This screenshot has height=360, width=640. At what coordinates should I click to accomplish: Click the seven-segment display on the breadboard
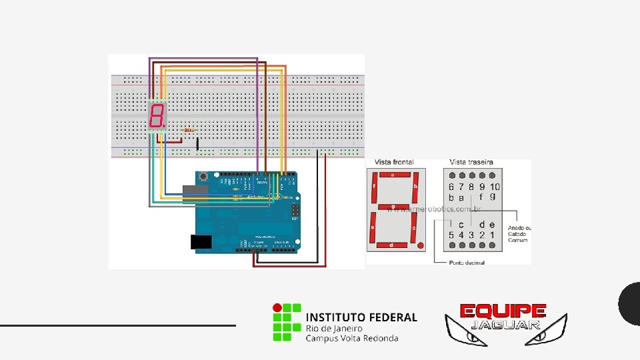pyautogui.click(x=157, y=116)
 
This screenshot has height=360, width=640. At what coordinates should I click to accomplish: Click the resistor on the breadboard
pyautogui.click(x=189, y=129)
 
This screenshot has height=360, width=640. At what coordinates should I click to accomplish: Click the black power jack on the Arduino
pyautogui.click(x=202, y=242)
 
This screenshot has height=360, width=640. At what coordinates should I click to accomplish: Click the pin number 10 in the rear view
pyautogui.click(x=494, y=188)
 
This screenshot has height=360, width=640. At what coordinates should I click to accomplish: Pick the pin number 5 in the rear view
pyautogui.click(x=451, y=235)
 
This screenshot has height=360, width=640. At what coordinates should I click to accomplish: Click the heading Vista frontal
pyautogui.click(x=394, y=162)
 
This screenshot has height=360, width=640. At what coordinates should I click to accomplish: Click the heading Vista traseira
pyautogui.click(x=471, y=162)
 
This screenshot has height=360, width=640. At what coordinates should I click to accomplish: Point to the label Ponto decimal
pyautogui.click(x=467, y=263)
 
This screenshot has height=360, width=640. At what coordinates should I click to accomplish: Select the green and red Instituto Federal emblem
pyautogui.click(x=285, y=322)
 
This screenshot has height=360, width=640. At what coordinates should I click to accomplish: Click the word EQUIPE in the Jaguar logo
pyautogui.click(x=503, y=311)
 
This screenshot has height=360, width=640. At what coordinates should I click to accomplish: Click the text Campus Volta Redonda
pyautogui.click(x=352, y=338)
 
